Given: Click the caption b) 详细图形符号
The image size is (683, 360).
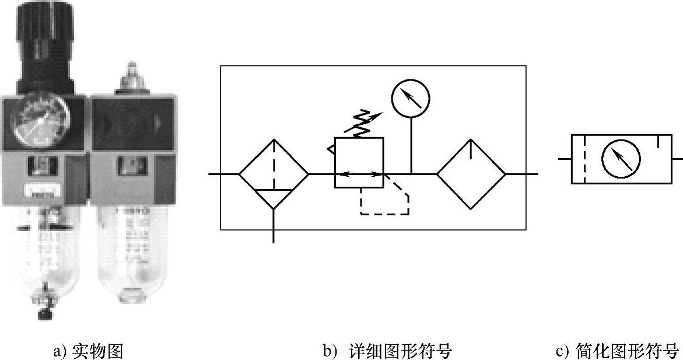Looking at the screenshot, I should coord(387,351).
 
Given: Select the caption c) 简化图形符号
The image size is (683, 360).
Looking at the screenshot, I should coord(617,351).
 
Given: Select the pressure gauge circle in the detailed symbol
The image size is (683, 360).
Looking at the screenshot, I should coord(411,97).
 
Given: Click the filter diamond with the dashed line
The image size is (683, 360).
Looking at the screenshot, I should coord(274,174).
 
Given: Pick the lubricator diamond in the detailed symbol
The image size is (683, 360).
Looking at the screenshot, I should coord(471,174).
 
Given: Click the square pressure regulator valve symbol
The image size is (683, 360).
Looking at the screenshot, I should coord(359,163).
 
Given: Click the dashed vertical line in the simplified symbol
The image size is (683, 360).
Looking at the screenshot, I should coord(584,159).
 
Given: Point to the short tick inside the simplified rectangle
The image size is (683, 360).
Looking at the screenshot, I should coord(657,140).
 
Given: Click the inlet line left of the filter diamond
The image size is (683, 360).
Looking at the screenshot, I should coord(224,174).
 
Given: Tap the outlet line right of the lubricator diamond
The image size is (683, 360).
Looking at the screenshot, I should coord(521,174).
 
